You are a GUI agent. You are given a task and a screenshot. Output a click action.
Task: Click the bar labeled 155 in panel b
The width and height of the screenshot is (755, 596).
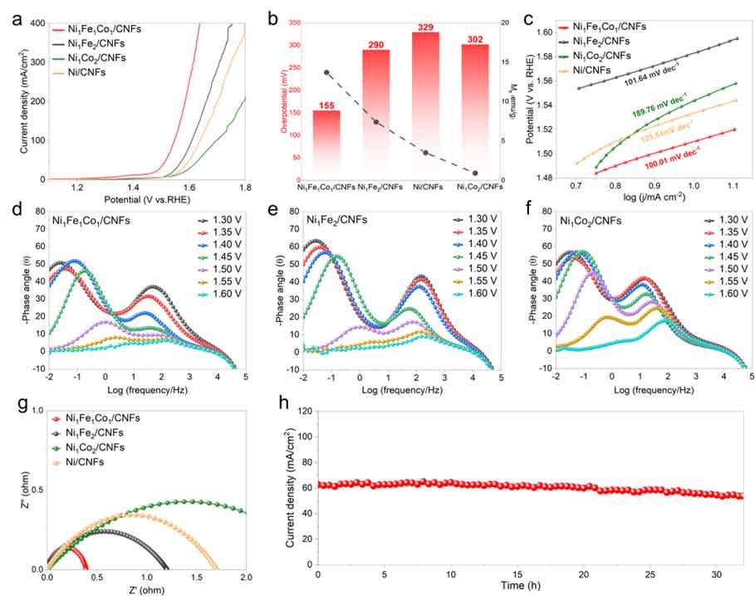326,144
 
